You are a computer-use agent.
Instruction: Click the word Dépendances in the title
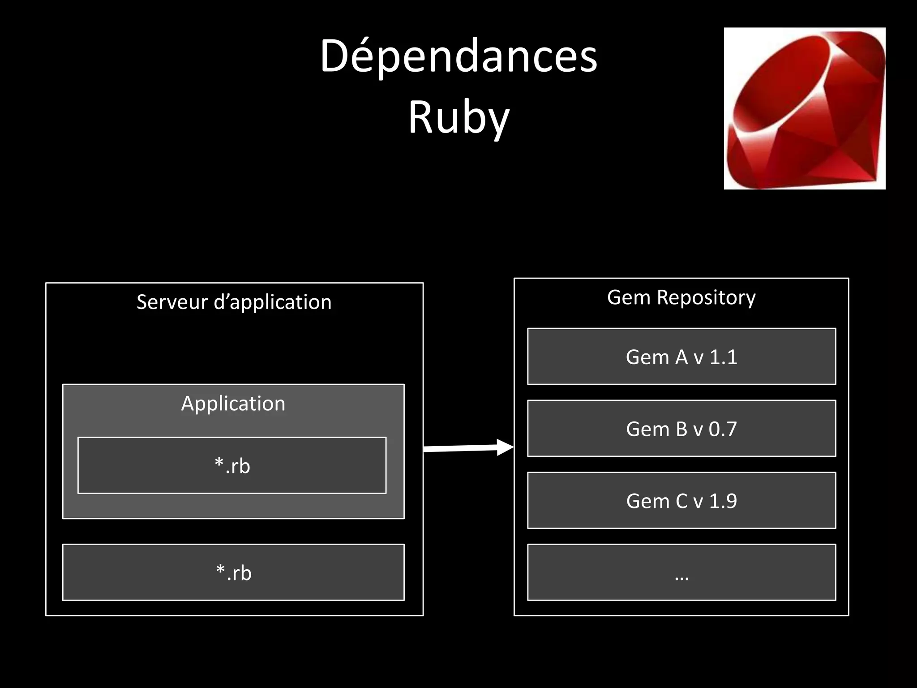(x=458, y=57)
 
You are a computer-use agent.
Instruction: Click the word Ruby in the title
(x=458, y=117)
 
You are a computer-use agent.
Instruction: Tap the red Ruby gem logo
(x=804, y=108)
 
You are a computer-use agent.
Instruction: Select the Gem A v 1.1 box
(x=681, y=357)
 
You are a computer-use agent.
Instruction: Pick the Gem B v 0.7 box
(x=681, y=429)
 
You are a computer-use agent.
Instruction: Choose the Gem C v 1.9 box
(x=681, y=500)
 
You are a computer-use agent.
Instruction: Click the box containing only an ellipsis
(x=681, y=572)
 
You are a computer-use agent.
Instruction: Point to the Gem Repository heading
(x=681, y=297)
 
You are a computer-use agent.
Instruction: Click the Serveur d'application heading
(x=234, y=302)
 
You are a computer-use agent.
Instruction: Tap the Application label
(x=233, y=404)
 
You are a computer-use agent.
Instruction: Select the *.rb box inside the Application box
(x=232, y=465)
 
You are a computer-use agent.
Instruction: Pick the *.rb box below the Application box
(x=233, y=572)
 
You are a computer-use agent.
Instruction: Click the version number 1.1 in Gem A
(x=723, y=357)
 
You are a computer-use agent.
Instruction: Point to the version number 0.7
(x=722, y=429)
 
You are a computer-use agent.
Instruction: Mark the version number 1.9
(x=723, y=501)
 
